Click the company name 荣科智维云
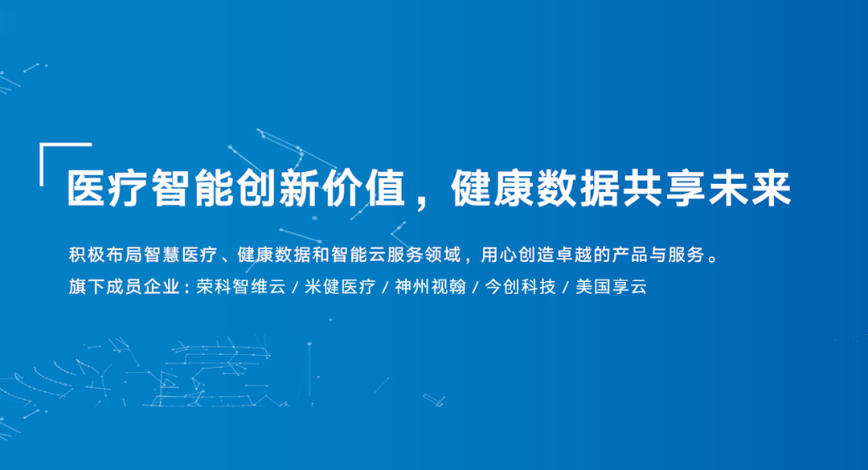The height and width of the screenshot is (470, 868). pos(241,287)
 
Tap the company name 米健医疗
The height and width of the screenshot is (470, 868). pos(340,287)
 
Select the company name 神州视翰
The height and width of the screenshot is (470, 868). pos(430,287)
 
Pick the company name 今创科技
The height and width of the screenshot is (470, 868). pos(520,287)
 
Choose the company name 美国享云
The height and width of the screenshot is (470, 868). pos(611,287)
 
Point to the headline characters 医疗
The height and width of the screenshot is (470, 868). pos(108,188)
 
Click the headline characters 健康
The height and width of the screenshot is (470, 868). pos(493,188)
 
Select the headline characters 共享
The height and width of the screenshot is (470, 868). pos(665,188)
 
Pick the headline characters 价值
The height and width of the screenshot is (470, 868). pos(364,188)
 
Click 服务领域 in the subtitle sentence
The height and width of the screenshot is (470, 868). pos(424,255)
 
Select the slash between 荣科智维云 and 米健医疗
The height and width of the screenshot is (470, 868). pos(295,288)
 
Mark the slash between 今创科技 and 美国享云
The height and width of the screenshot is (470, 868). pos(566,288)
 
